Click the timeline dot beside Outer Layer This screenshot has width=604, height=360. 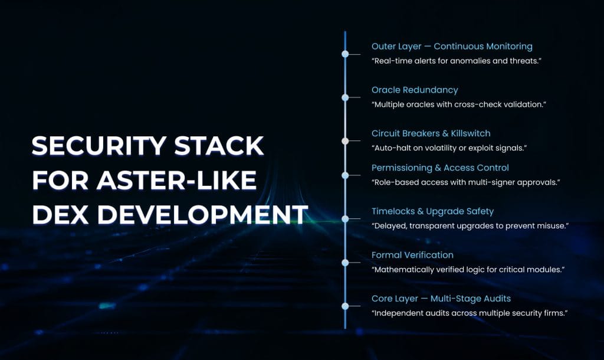click(346, 54)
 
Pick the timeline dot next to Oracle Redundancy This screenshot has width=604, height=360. click(346, 97)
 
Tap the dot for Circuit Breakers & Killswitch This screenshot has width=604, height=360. click(346, 141)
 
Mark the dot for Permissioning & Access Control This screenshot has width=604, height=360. click(346, 175)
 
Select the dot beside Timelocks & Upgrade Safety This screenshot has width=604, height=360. click(346, 219)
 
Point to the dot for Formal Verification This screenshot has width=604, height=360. click(346, 263)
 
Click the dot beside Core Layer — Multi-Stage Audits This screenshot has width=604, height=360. click(346, 306)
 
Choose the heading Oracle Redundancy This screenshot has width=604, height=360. click(414, 90)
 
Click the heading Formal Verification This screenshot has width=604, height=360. click(412, 256)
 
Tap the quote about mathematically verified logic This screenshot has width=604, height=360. click(468, 270)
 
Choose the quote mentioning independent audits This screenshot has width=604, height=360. click(470, 313)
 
